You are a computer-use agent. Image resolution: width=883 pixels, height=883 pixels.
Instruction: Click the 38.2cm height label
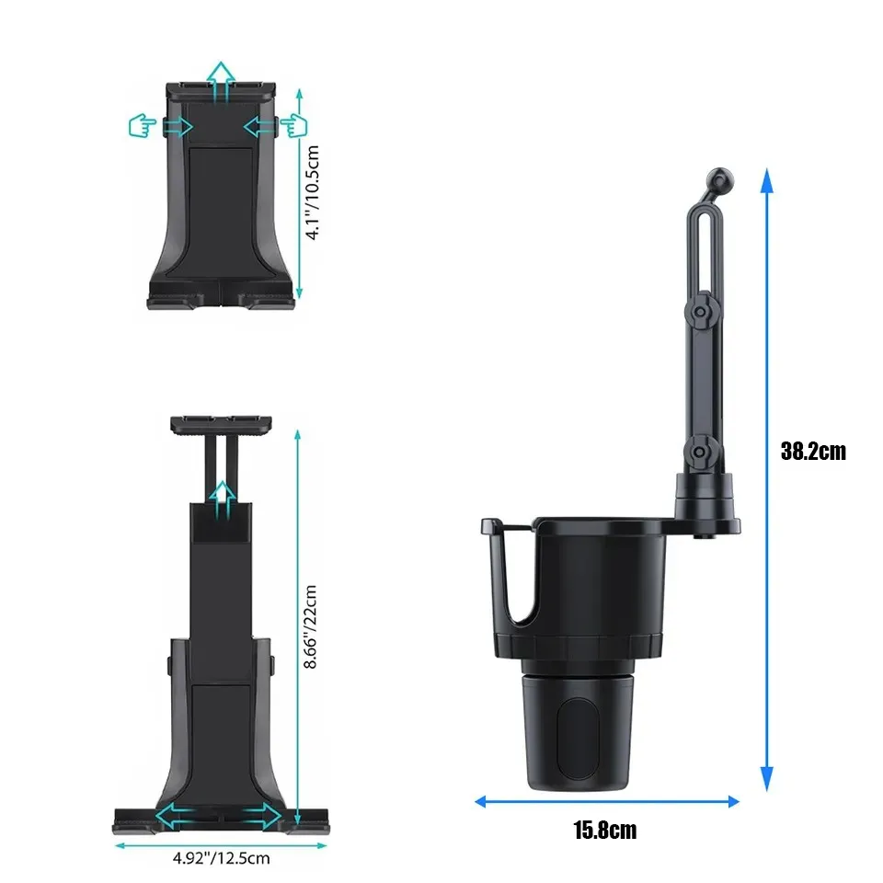click(x=813, y=452)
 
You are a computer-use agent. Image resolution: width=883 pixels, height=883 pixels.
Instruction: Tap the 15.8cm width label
click(x=605, y=831)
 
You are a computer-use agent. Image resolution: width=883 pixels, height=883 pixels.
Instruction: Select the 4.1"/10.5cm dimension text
click(x=312, y=192)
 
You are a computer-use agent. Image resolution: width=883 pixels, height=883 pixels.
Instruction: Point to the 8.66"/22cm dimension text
click(x=310, y=626)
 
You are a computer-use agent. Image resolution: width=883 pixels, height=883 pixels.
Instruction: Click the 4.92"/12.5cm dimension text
click(x=222, y=858)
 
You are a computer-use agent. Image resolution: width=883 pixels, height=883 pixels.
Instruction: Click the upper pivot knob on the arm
click(x=701, y=312)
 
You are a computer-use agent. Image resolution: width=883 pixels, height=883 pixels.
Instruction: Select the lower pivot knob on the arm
click(x=699, y=452)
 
